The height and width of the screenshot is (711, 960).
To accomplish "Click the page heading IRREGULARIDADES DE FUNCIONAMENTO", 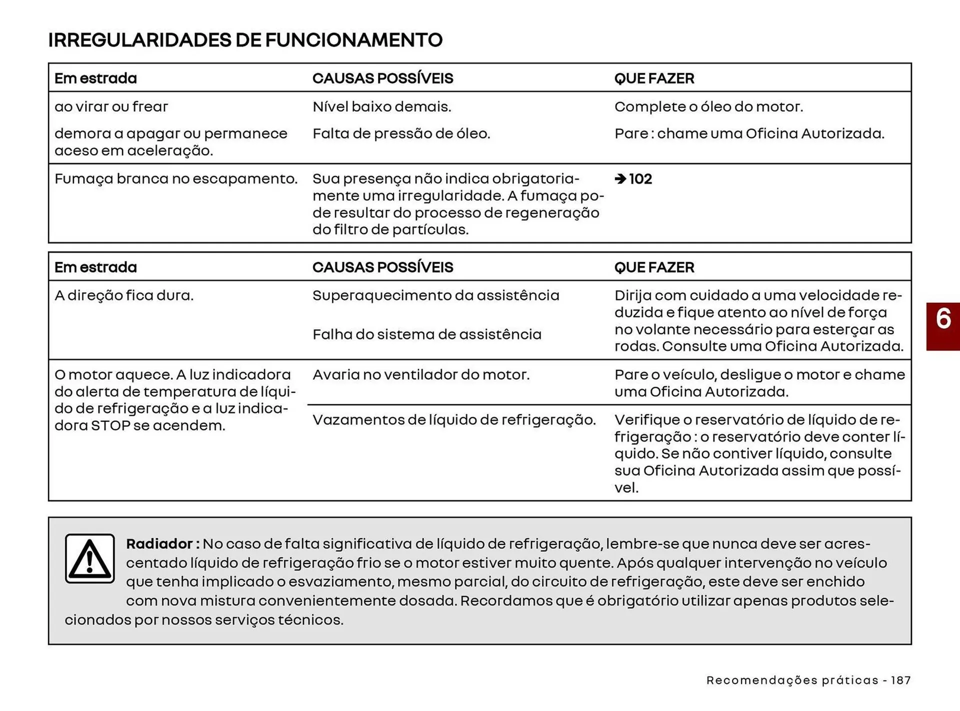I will (x=245, y=40).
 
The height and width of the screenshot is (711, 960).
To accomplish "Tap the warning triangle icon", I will (x=90, y=558).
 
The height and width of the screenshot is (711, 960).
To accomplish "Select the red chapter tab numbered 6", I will (x=943, y=326).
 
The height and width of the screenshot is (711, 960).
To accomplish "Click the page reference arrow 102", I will (x=633, y=179).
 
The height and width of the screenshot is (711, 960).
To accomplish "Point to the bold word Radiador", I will (x=159, y=544).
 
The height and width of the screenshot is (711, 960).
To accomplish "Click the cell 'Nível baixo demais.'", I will (x=381, y=107).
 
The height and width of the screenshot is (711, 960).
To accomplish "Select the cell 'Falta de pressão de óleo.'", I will (x=401, y=134).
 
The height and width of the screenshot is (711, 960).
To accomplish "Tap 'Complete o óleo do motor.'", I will (x=708, y=107).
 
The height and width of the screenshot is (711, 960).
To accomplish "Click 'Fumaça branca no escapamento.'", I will (x=176, y=179).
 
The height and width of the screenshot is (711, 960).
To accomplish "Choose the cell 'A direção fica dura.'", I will (x=124, y=295).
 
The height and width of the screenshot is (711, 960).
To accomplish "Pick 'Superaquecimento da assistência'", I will (x=435, y=295).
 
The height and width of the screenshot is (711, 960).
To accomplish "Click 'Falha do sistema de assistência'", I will (x=426, y=334).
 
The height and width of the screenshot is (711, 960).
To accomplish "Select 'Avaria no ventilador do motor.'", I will (x=420, y=375).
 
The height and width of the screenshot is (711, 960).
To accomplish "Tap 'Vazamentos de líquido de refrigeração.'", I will (x=454, y=420).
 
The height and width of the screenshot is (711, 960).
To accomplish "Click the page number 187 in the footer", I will (x=900, y=680).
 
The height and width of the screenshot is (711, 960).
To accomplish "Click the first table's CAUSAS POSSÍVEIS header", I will (x=382, y=78).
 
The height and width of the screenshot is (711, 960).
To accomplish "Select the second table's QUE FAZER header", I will (x=654, y=267).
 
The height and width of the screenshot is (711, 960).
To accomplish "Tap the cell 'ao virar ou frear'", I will (x=111, y=107).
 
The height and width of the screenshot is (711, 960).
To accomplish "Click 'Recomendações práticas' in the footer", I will (x=792, y=680).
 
